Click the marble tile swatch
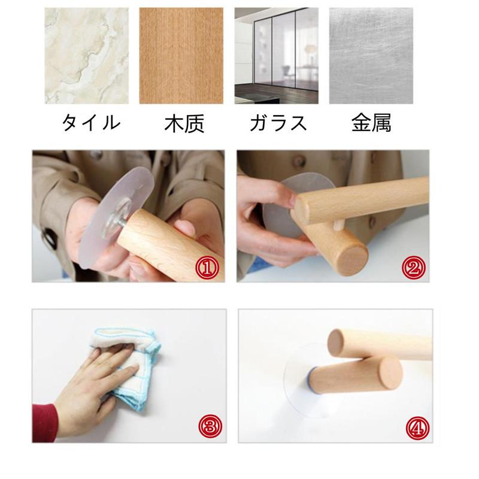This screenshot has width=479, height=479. [87, 56]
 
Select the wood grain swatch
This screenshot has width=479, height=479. [181, 56]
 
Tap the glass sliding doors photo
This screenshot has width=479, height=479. [277, 56]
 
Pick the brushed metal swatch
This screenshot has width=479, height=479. [371, 56]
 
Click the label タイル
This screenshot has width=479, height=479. [91, 123]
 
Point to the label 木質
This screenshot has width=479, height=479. [184, 123]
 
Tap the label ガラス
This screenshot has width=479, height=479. [278, 123]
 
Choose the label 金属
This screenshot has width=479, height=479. [371, 123]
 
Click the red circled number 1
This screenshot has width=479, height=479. [207, 268]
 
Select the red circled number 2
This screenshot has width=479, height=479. [413, 268]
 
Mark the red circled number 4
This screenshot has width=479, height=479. [417, 428]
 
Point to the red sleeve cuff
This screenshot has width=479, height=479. [45, 423]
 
